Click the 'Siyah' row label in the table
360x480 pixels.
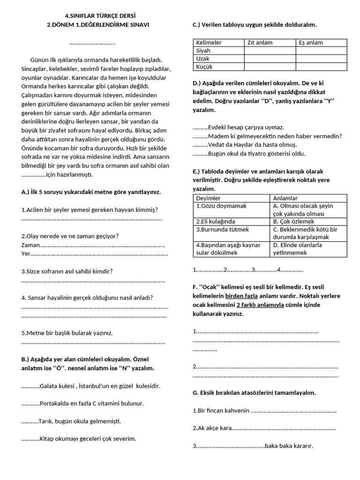[x=203, y=51]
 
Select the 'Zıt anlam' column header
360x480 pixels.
[x=260, y=43]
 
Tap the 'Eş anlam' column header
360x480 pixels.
[x=311, y=43]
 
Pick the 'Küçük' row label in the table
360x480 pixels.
[x=204, y=67]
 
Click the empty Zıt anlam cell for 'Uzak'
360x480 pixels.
[x=270, y=59]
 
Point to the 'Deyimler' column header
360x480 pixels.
[x=208, y=198]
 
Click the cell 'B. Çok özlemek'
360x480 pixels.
[x=293, y=221]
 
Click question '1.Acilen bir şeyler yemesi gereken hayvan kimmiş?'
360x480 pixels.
[x=90, y=210]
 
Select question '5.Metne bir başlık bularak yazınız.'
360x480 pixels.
[x=67, y=333]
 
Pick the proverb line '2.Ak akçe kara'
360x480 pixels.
[x=213, y=428]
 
